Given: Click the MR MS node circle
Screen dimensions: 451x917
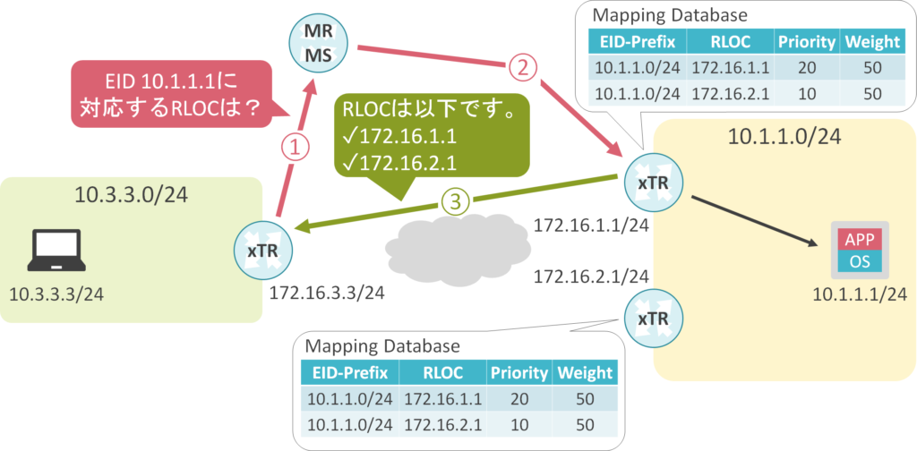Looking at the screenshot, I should click(320, 44).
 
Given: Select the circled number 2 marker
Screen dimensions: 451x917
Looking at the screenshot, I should click(524, 66).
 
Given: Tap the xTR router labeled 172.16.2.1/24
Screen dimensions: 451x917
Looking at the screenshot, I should click(650, 319).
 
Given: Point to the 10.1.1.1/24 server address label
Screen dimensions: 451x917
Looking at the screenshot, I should click(860, 294).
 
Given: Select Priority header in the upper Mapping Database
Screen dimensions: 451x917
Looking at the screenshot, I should click(806, 41).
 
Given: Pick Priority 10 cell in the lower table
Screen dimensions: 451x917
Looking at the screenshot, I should click(519, 423).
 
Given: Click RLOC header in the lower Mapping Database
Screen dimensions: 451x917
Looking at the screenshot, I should click(442, 373).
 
